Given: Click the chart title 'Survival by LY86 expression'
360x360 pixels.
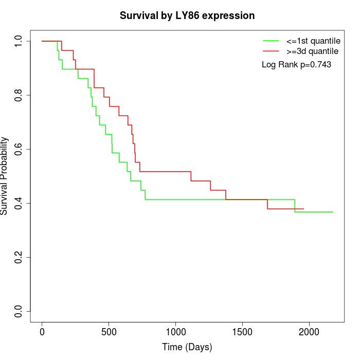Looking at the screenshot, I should pos(187,16).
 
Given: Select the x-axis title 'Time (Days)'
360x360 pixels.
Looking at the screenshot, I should pos(187,347).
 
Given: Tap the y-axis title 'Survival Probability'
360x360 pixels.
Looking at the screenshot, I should pos(5,176).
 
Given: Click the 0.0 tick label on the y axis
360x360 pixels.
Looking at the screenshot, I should pos(19,312).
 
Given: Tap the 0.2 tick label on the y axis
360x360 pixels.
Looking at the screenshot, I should pos(19,258).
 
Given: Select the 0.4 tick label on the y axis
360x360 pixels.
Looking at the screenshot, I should pos(19,204).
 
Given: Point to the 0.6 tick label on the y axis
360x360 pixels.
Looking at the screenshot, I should pos(19,149).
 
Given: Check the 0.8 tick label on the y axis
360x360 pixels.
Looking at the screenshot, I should pos(19,95).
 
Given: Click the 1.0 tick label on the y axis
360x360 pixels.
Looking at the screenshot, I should pos(19,41).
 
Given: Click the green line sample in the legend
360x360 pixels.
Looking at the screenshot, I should pos(271,41).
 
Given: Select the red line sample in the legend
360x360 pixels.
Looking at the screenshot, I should pos(271,51).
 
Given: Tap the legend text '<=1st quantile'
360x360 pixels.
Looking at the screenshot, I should pos(313,41).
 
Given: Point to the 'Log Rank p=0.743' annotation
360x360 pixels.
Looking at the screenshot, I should pos(296,65).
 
